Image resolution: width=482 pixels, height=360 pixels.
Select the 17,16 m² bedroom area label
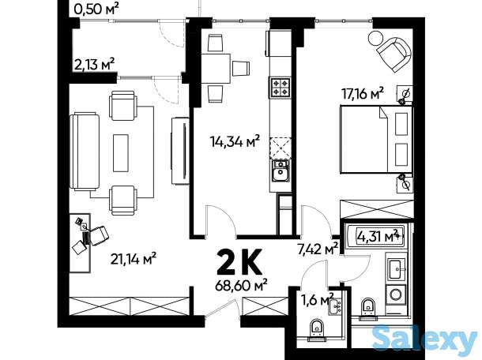(x=363, y=93)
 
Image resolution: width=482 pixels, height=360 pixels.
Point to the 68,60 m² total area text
(x=241, y=286)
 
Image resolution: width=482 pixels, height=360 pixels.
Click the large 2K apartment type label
(x=239, y=261)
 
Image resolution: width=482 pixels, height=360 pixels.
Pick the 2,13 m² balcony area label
(x=94, y=64)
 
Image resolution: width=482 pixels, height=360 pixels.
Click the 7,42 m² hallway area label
(x=318, y=248)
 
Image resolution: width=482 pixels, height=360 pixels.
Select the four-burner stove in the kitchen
(x=281, y=87)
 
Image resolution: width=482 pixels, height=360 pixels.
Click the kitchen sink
(x=281, y=171)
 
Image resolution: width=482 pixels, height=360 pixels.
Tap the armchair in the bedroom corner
(x=394, y=54)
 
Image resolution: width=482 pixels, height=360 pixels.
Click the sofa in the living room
(x=85, y=151)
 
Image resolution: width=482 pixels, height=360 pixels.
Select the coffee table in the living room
(x=121, y=152)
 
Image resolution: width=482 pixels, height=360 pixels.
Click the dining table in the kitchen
(x=216, y=69)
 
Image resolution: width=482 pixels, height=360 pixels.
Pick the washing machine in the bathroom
(x=396, y=294)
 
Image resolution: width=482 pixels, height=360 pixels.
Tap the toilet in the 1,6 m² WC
(x=317, y=329)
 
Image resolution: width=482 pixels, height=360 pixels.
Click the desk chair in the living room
(x=98, y=235)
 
